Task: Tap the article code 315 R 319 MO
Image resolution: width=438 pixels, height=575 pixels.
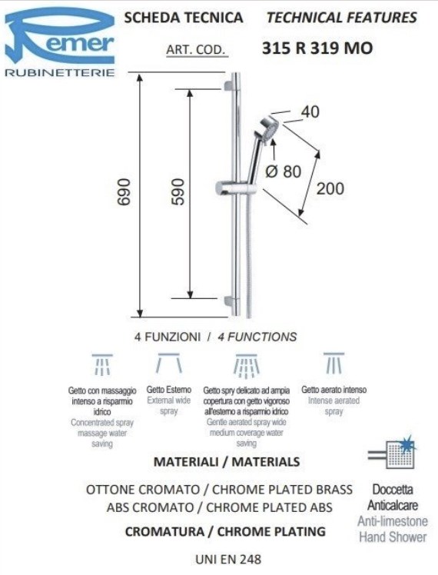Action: [x=317, y=48]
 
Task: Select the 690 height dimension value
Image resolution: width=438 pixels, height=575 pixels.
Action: [x=124, y=192]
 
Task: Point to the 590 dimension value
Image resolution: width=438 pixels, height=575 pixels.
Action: [x=178, y=191]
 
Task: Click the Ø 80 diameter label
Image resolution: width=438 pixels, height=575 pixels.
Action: [x=283, y=171]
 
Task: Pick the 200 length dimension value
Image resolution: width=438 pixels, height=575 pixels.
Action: [x=330, y=188]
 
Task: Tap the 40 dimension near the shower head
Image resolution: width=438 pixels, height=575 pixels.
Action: [x=310, y=111]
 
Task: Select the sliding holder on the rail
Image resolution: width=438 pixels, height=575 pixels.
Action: [x=228, y=188]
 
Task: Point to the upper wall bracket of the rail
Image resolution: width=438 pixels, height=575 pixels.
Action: [x=228, y=86]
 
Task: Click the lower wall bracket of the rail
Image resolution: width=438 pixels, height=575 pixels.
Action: [x=228, y=301]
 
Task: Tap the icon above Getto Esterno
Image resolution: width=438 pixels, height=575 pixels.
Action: [x=168, y=364]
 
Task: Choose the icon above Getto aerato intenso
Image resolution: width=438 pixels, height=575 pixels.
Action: [x=334, y=363]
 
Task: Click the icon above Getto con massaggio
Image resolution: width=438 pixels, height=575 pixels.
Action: [x=102, y=365]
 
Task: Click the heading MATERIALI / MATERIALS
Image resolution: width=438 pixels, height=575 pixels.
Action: [x=227, y=462]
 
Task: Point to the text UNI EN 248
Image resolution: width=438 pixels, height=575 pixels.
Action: [x=228, y=559]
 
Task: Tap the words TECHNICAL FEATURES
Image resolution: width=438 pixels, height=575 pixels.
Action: [x=342, y=18]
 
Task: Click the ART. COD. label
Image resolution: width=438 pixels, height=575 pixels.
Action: [x=196, y=49]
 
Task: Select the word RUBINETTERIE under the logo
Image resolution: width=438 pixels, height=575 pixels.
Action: [x=60, y=72]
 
